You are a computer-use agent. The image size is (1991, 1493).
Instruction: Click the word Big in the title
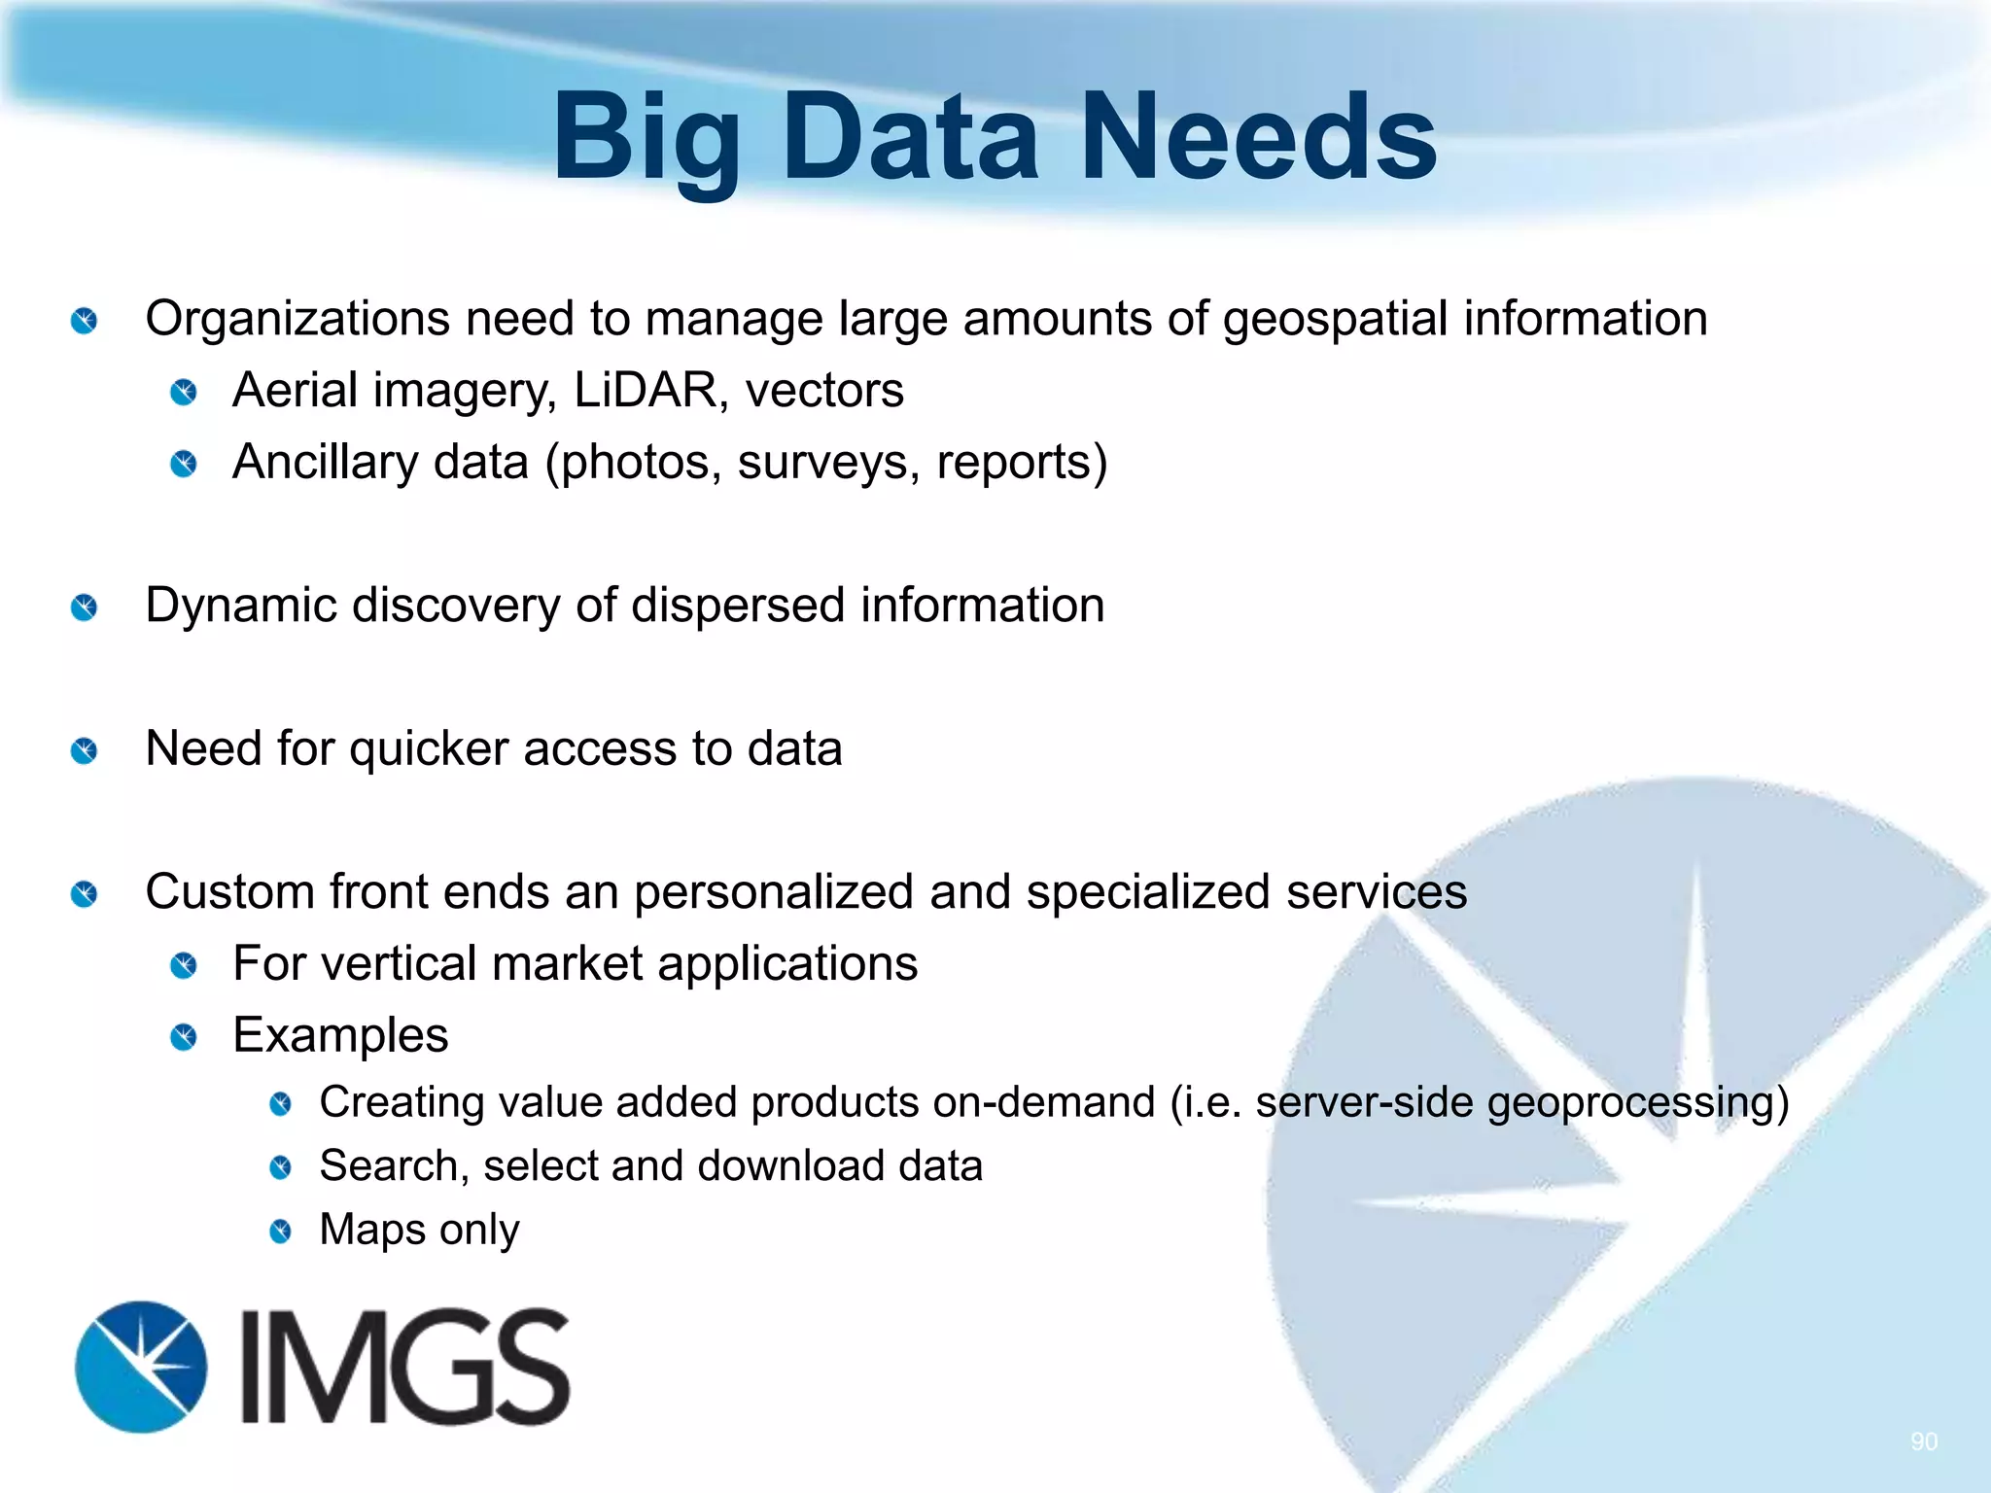click(x=646, y=138)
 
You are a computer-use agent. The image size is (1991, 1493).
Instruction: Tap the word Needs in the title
click(x=1258, y=138)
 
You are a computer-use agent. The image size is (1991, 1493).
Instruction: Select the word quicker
click(x=429, y=749)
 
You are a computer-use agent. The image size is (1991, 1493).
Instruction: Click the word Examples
click(x=340, y=1035)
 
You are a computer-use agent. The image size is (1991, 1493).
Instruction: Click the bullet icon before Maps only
click(x=280, y=1232)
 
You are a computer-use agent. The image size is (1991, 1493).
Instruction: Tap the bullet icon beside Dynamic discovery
click(x=85, y=608)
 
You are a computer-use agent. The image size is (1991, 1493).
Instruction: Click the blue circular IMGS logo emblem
click(x=141, y=1367)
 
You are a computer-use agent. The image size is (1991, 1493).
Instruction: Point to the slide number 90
click(x=1923, y=1441)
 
